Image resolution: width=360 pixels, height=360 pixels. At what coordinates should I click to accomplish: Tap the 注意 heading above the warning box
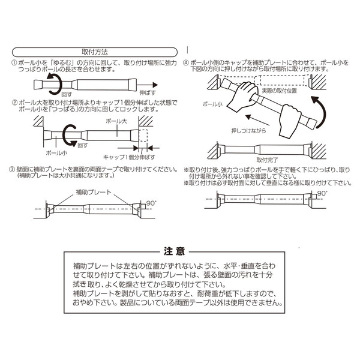(178, 250)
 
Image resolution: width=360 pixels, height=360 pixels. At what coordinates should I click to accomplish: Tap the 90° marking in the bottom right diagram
(322, 193)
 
